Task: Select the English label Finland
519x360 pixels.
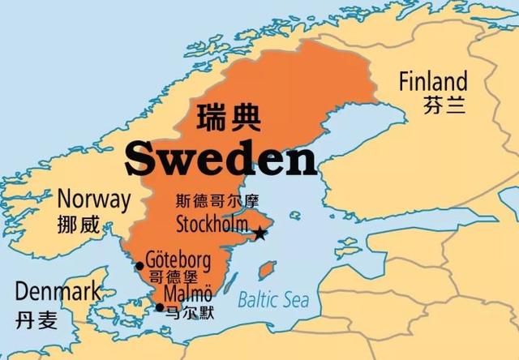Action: pyautogui.click(x=433, y=82)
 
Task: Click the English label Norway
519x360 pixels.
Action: pyautogui.click(x=94, y=199)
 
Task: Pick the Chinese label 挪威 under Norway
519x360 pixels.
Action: pyautogui.click(x=79, y=225)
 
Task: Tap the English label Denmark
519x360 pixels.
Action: pyautogui.click(x=58, y=291)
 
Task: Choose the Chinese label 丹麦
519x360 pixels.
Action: pyautogui.click(x=37, y=319)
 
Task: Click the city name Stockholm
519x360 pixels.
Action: pyautogui.click(x=214, y=222)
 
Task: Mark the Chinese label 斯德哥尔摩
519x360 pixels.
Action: pyautogui.click(x=212, y=201)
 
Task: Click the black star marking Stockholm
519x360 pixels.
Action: pyautogui.click(x=259, y=234)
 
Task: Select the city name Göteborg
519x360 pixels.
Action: pyautogui.click(x=178, y=261)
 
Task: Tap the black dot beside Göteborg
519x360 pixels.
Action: pyautogui.click(x=139, y=265)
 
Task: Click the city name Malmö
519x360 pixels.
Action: pyautogui.click(x=187, y=294)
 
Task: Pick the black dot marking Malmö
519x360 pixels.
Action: pyautogui.click(x=159, y=306)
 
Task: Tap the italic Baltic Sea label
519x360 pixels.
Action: pyautogui.click(x=273, y=301)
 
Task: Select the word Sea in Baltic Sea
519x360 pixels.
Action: pyautogui.click(x=296, y=301)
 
